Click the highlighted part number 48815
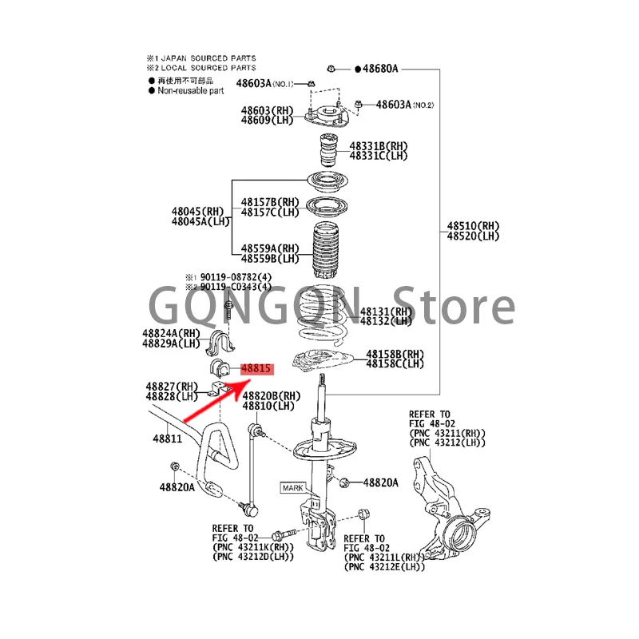pyautogui.click(x=256, y=370)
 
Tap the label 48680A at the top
pyautogui.click(x=380, y=69)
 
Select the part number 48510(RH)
pyautogui.click(x=473, y=226)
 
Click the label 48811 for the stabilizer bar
pyautogui.click(x=168, y=439)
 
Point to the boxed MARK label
pyautogui.click(x=292, y=486)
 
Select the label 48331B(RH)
pyautogui.click(x=379, y=146)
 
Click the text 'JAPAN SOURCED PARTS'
pyautogui.click(x=208, y=58)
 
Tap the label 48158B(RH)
pyautogui.click(x=395, y=353)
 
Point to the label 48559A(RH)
pyautogui.click(x=270, y=248)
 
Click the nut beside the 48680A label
pyautogui.click(x=332, y=69)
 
